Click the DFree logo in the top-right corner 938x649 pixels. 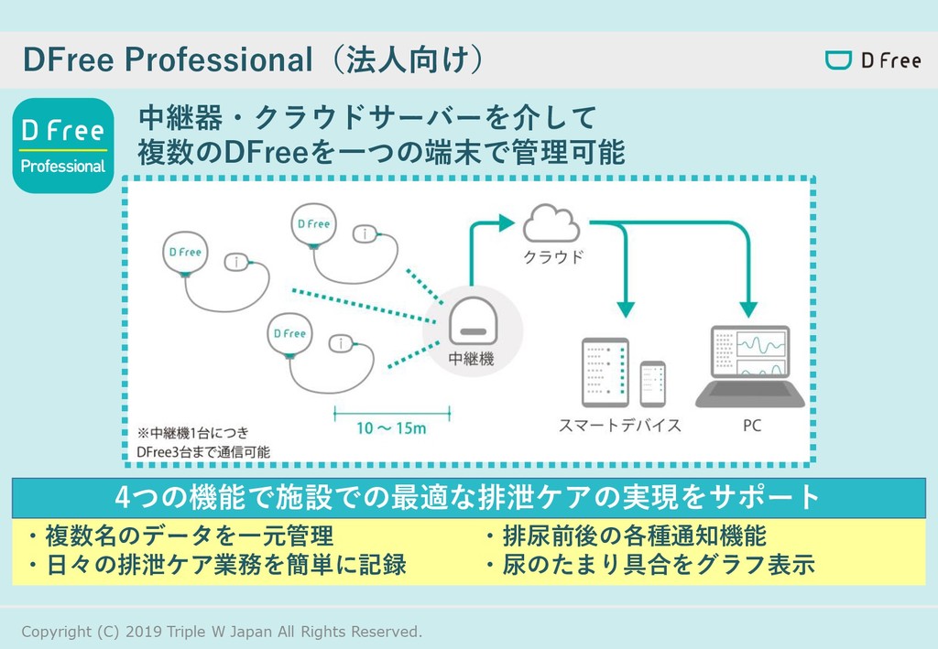tap(872, 61)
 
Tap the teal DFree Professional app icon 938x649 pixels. tap(63, 146)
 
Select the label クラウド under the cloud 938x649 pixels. tap(552, 257)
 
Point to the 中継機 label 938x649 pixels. tap(471, 360)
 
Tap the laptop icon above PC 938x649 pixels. tap(750, 367)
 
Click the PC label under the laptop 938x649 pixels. tap(751, 426)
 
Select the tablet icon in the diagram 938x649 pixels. tap(605, 373)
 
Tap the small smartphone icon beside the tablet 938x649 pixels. tap(652, 384)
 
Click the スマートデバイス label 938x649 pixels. tap(620, 426)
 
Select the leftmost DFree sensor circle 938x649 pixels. tap(183, 252)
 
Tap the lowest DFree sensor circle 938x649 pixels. tap(289, 334)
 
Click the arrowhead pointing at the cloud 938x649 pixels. tap(506, 222)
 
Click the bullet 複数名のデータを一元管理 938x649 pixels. tap(180, 535)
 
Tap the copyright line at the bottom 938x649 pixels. tap(222, 632)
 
